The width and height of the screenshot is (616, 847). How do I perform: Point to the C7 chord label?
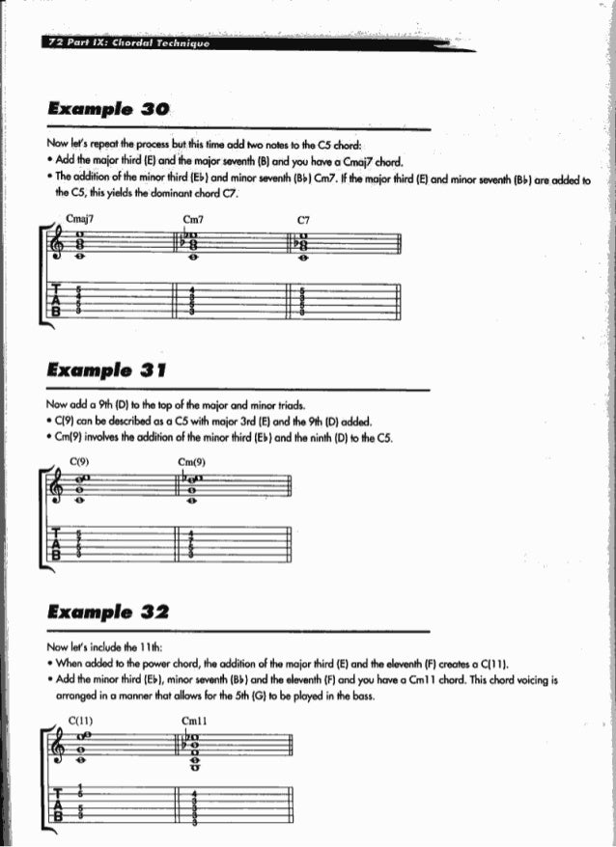(303, 218)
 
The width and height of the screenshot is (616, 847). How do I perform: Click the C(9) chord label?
(79, 461)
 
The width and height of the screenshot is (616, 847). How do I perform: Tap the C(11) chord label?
(83, 719)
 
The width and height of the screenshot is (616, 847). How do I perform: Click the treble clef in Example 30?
(60, 246)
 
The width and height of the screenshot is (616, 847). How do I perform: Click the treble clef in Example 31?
(60, 489)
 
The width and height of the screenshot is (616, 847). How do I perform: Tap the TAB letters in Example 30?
(57, 300)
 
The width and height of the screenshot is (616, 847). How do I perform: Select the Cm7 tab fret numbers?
(193, 300)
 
